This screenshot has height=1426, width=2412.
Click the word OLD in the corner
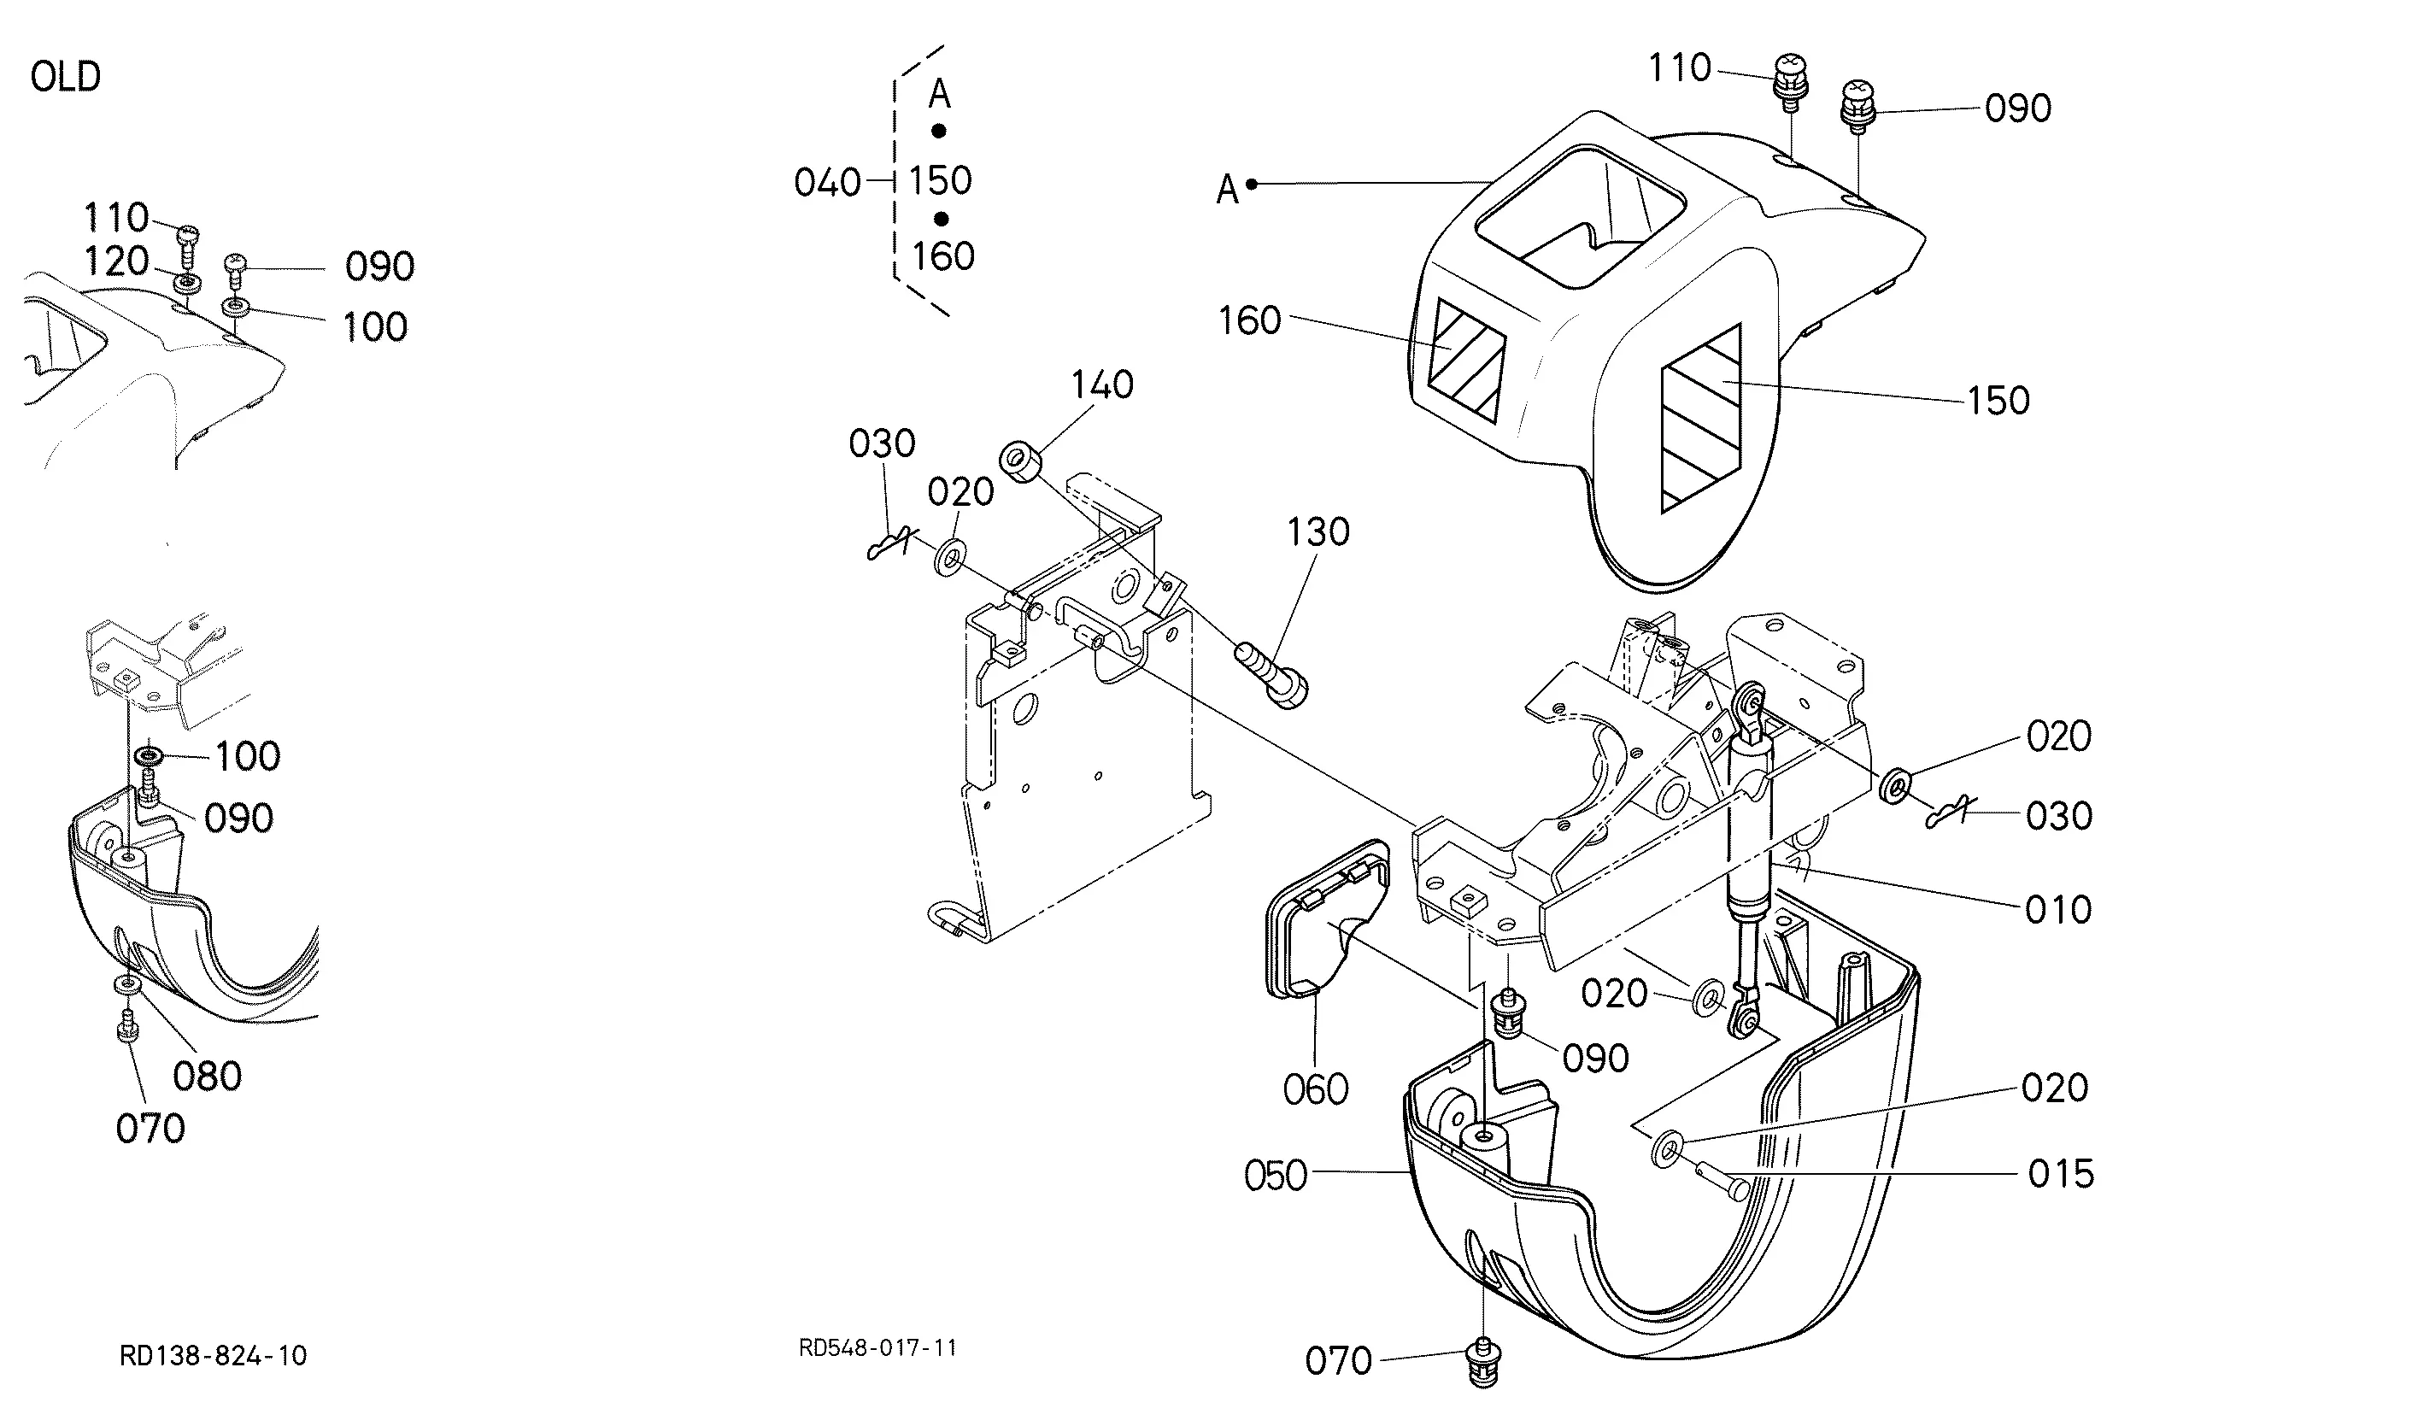[x=65, y=77]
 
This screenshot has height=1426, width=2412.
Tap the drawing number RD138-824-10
[x=214, y=1356]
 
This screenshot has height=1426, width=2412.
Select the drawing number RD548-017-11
[x=878, y=1348]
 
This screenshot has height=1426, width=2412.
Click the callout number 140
[x=1102, y=384]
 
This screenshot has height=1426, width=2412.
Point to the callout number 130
[x=1318, y=531]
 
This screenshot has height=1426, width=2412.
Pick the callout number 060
[x=1316, y=1089]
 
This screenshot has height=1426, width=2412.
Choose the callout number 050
[x=1276, y=1175]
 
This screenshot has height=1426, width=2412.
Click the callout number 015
[x=2060, y=1173]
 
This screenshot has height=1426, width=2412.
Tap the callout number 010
[x=2058, y=909]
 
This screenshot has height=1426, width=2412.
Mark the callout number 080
[x=208, y=1077]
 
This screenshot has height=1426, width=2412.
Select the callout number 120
[x=117, y=261]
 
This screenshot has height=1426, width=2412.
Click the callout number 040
[x=827, y=182]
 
